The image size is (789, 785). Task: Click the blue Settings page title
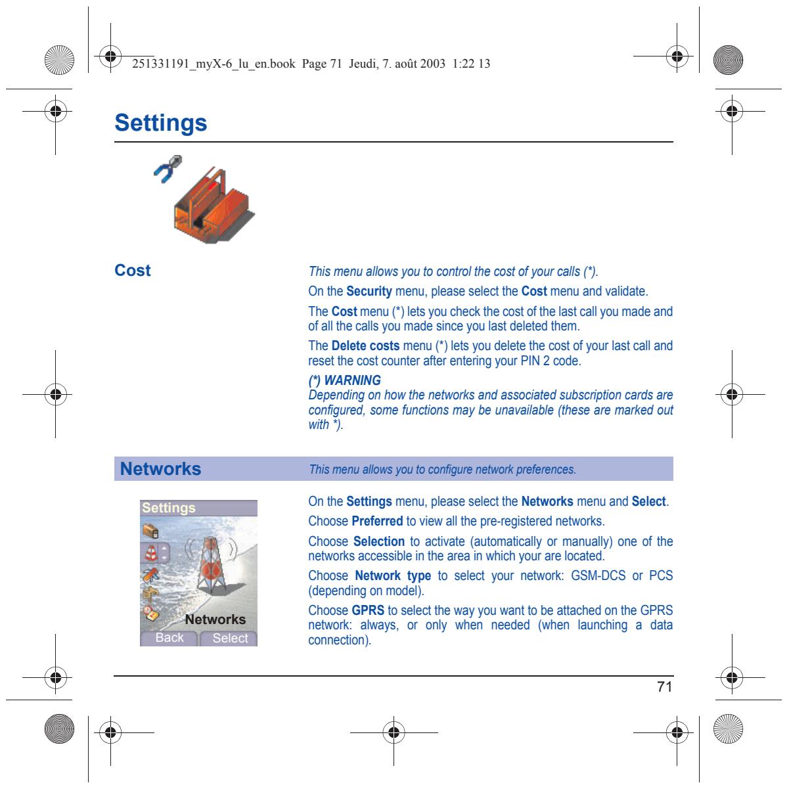(x=160, y=123)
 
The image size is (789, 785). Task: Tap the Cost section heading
(x=133, y=270)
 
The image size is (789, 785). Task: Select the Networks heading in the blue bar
(x=160, y=469)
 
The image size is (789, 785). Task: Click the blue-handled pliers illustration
(x=168, y=168)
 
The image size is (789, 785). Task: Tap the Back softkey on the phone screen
(x=169, y=638)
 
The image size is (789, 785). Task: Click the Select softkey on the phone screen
(x=230, y=638)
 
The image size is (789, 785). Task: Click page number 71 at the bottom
(x=664, y=686)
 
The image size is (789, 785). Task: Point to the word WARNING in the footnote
(x=352, y=380)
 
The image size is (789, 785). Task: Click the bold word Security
(x=369, y=291)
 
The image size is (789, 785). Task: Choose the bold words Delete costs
(x=365, y=346)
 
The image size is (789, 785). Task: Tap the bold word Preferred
(x=377, y=521)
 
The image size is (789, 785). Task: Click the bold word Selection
(x=379, y=541)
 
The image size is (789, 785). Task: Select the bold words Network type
(x=393, y=576)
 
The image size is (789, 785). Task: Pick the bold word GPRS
(x=368, y=610)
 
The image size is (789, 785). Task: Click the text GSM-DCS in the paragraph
(x=598, y=575)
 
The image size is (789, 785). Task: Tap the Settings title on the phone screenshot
(x=168, y=508)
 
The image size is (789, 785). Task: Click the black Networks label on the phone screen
(x=215, y=619)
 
